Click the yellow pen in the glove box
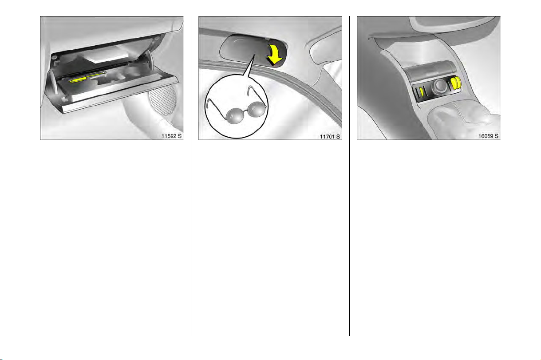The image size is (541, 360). (x=87, y=78)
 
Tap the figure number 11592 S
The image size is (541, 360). (x=171, y=136)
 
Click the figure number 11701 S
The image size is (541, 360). (x=330, y=137)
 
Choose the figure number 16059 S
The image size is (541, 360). (x=488, y=136)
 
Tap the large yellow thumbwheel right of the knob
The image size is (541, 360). (x=456, y=83)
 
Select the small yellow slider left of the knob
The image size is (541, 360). (x=422, y=92)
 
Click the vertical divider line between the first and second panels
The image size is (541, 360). (x=191, y=176)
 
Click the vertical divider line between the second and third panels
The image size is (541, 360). (x=349, y=176)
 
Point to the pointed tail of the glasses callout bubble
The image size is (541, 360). (x=254, y=55)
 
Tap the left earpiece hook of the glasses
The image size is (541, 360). (x=211, y=104)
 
